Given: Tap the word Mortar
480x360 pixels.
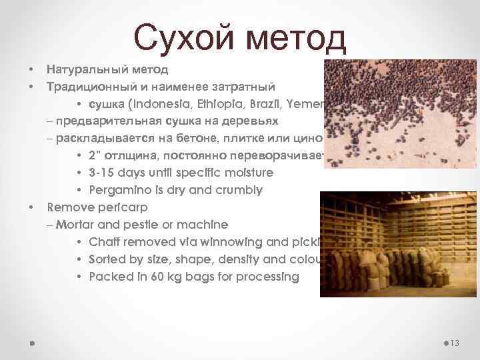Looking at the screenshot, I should click(75, 225).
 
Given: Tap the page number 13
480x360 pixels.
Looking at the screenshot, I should click(455, 343).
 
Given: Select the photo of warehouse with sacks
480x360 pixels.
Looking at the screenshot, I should click(399, 244).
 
